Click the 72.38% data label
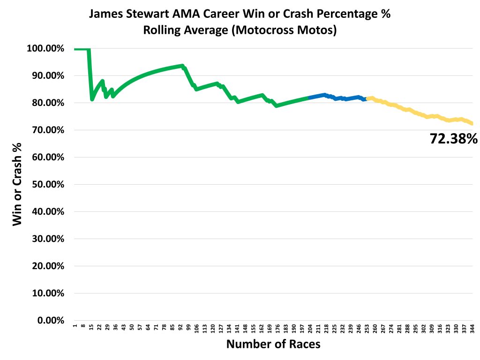[x=453, y=138]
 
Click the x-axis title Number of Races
[x=273, y=344]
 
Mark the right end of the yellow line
[x=472, y=124]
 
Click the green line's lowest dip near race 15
[x=92, y=99]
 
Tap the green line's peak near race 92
[x=182, y=66]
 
